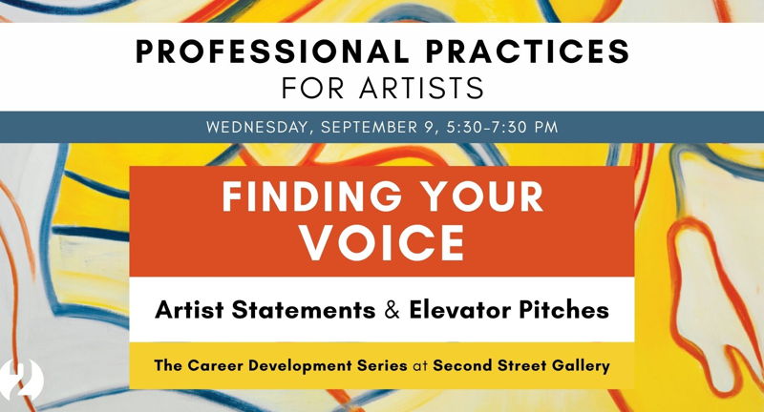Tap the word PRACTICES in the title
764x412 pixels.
528,51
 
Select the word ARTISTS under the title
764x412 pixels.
421,88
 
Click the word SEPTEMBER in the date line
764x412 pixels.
369,127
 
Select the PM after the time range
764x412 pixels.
545,127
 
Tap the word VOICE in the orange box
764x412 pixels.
383,243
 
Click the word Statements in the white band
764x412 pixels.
303,310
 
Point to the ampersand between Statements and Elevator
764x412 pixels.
393,310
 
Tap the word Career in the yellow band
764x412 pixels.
214,365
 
